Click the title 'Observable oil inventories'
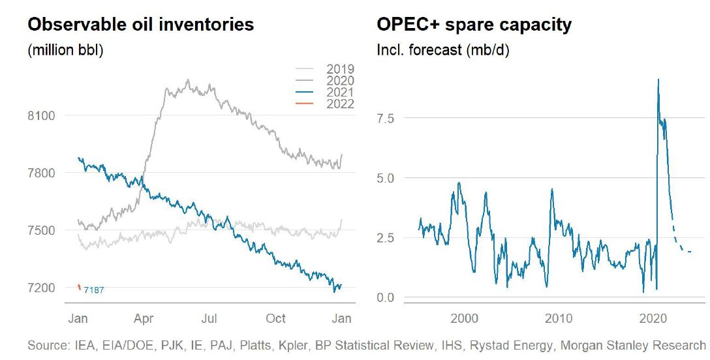(140, 25)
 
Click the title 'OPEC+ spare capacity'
(474, 25)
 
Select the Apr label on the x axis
(144, 319)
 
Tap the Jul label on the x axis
(209, 319)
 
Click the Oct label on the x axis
(276, 319)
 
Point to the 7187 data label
(94, 290)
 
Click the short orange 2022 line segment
(79, 287)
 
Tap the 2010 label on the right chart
(559, 319)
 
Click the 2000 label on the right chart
(465, 319)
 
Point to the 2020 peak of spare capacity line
(658, 80)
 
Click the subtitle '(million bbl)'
(65, 51)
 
